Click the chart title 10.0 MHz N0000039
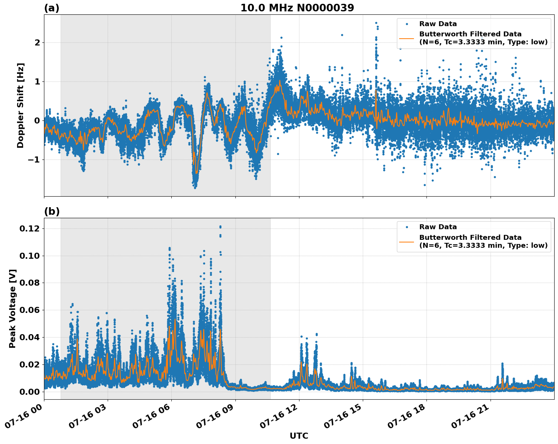297,8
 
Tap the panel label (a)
52,8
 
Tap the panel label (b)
52,211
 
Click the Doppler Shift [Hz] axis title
20,105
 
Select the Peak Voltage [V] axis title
13,308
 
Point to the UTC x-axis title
299,436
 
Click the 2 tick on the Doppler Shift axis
37,42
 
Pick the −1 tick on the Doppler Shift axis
34,159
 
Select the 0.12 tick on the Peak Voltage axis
30,228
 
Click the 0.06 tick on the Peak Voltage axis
30,310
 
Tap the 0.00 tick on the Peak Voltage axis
30,391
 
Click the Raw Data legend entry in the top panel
438,24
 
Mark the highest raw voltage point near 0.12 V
220,227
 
